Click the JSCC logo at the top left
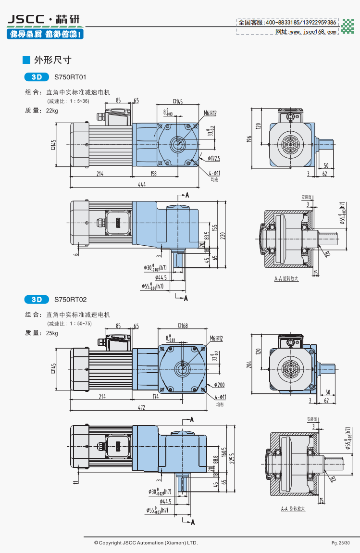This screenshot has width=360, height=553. [44, 20]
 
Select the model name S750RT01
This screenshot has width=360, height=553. [70, 76]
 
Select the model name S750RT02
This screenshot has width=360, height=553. [70, 299]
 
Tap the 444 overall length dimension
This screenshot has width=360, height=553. [142, 184]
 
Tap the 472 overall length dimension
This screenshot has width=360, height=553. [141, 407]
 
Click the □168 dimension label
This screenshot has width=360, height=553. [183, 326]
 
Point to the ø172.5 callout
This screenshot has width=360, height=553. [214, 158]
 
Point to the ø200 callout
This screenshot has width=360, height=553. [219, 385]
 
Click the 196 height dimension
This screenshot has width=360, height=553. [249, 139]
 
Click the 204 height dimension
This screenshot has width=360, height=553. [249, 364]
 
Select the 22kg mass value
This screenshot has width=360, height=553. [52, 111]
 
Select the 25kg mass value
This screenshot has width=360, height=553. [52, 333]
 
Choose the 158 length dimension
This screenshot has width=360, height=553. [153, 174]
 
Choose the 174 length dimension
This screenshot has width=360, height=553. [155, 397]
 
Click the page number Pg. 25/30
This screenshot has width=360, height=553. [341, 543]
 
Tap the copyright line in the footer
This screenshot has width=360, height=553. [146, 543]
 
